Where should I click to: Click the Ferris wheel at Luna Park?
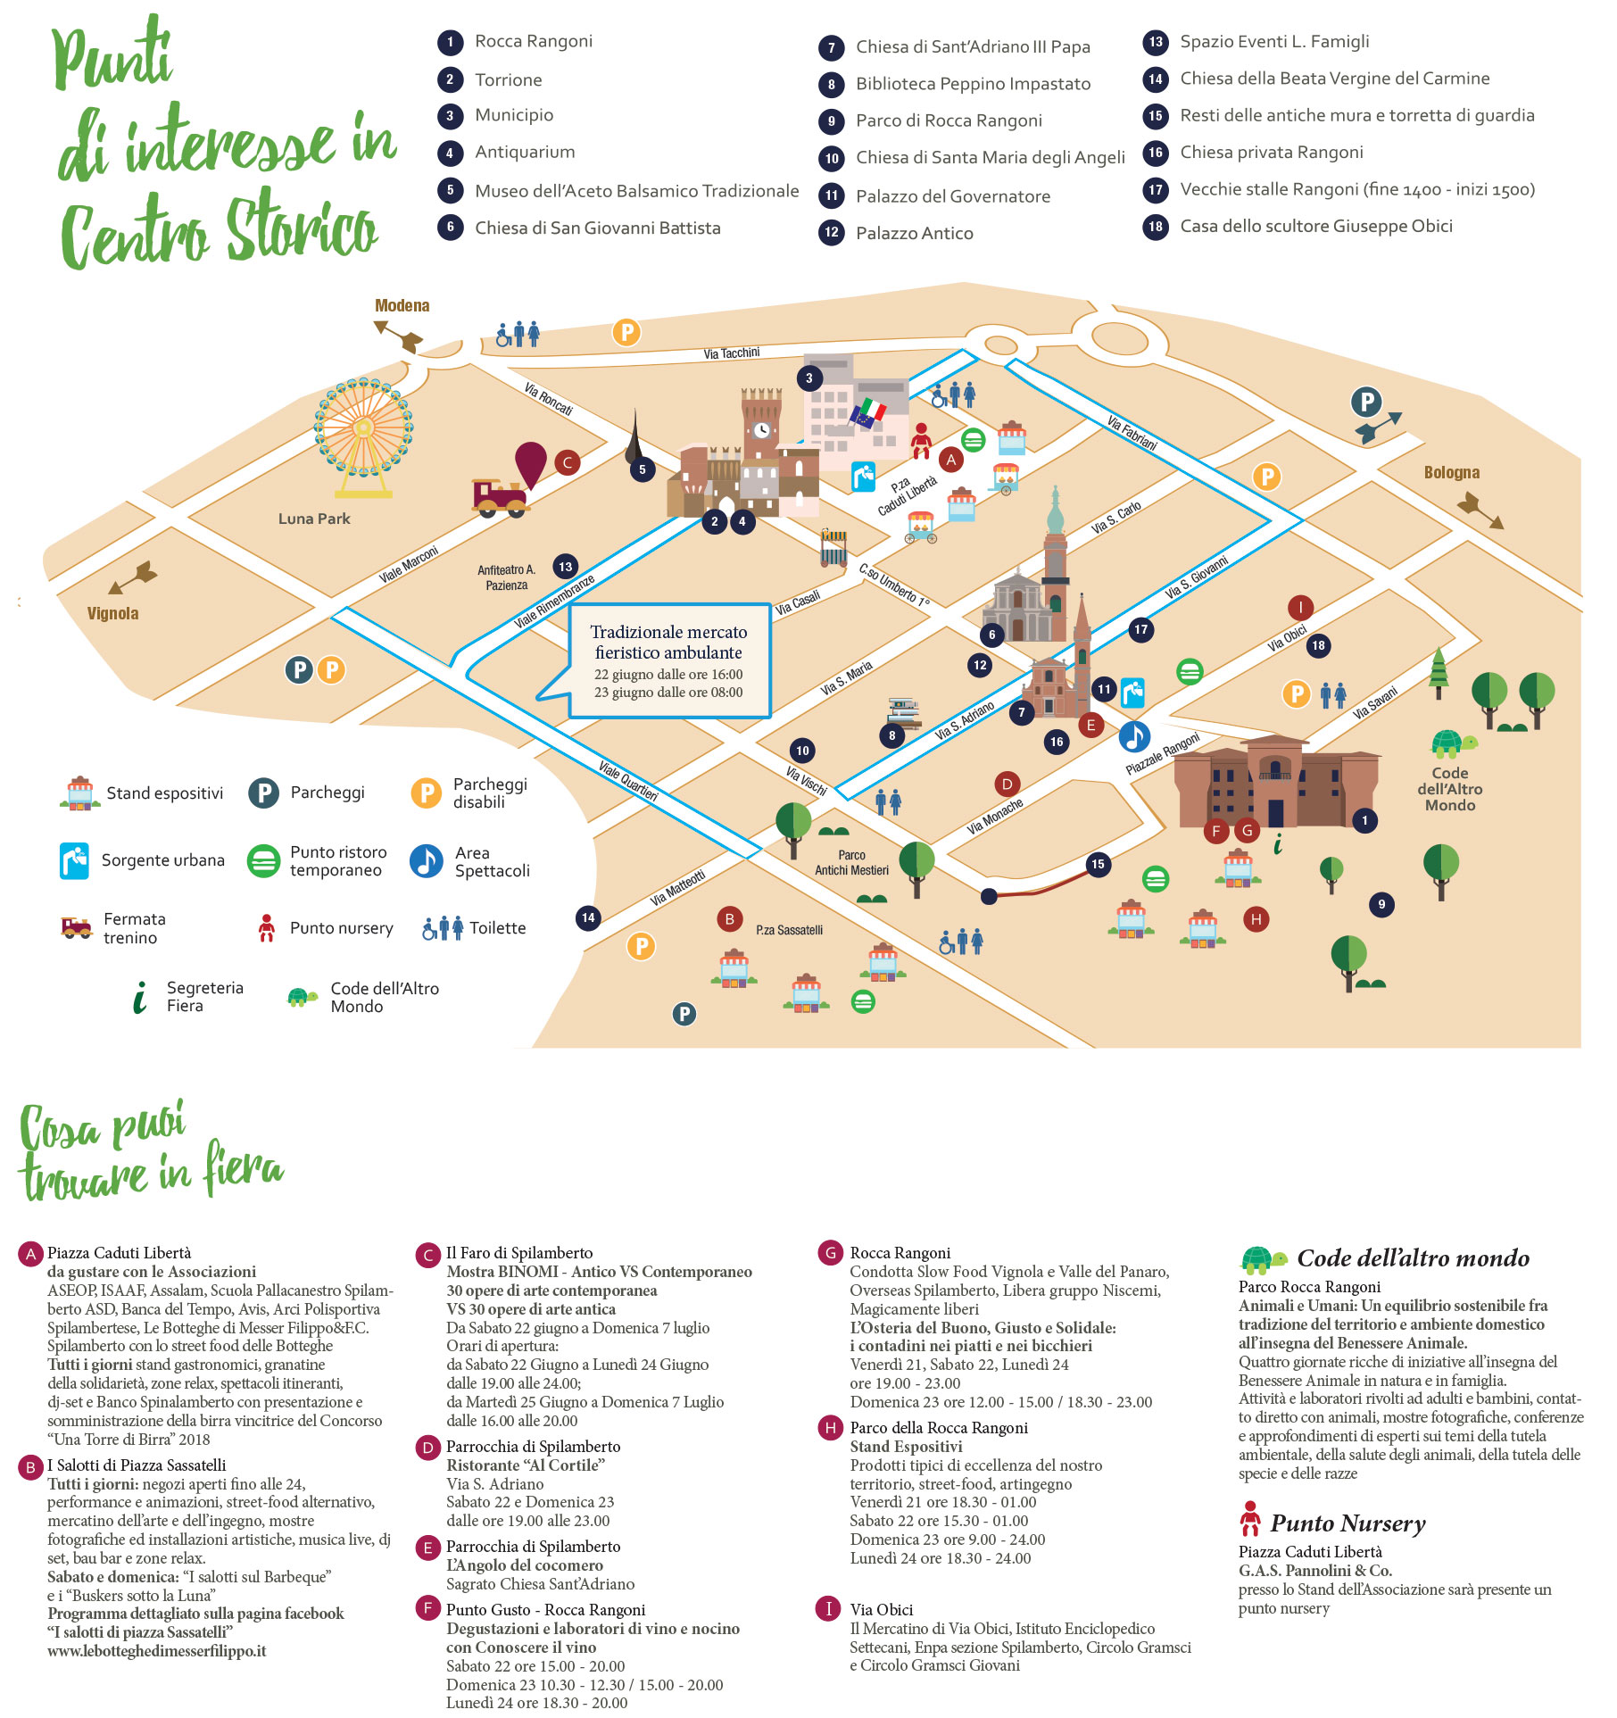[x=363, y=429]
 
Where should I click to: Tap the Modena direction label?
[x=402, y=306]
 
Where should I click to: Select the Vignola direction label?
[x=112, y=614]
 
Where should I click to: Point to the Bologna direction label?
[x=1451, y=473]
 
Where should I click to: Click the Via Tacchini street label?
[x=731, y=353]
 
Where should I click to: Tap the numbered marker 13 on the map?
[x=565, y=567]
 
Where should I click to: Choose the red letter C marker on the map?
[x=568, y=462]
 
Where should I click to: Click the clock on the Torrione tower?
[x=761, y=430]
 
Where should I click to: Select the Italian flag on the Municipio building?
[x=868, y=412]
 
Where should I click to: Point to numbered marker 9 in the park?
[x=1381, y=905]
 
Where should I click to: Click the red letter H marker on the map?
[x=1256, y=919]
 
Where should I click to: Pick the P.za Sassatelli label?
[x=789, y=930]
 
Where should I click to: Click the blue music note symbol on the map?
[x=1134, y=737]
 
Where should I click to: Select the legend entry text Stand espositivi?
[x=165, y=793]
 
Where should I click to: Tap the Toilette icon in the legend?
[x=443, y=928]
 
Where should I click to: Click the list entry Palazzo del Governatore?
[x=952, y=196]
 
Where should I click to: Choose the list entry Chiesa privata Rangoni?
[x=1271, y=153]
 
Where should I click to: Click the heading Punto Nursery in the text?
[x=1347, y=1523]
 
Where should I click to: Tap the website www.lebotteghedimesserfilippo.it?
[x=157, y=1651]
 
